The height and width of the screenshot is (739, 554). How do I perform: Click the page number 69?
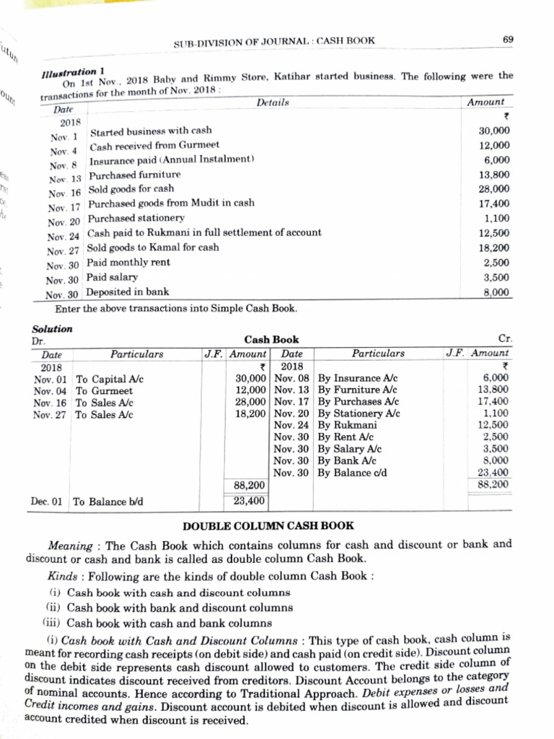click(x=508, y=39)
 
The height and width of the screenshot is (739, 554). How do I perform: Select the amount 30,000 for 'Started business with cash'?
click(x=494, y=131)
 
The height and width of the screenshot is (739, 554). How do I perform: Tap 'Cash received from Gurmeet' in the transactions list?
click(x=154, y=147)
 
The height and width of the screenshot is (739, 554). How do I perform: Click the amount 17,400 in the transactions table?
click(x=494, y=204)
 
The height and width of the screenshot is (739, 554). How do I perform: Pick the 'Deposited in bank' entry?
click(x=128, y=292)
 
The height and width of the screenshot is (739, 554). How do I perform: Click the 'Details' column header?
click(x=273, y=103)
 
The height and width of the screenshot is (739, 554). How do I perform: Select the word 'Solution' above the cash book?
click(x=53, y=328)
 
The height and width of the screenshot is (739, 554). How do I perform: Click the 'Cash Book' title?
click(x=271, y=339)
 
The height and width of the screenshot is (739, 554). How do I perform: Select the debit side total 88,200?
click(x=249, y=485)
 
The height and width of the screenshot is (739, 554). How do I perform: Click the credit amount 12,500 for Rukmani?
click(x=494, y=425)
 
